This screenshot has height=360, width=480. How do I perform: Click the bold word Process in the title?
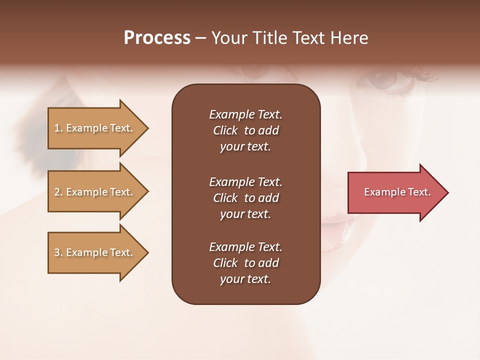coord(157,38)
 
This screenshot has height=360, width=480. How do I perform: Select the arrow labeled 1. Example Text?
coord(95,128)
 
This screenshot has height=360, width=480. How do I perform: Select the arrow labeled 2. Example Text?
coord(95,192)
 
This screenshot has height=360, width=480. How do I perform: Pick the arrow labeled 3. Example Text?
coord(95,252)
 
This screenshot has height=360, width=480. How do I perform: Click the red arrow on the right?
coord(395,192)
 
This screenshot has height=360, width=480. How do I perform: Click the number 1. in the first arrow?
coord(58,128)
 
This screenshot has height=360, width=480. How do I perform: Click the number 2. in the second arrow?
coord(58,192)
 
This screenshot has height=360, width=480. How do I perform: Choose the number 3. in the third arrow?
coord(58,252)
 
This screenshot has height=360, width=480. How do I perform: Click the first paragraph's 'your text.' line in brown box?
coord(245,147)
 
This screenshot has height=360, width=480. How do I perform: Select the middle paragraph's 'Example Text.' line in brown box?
coord(245,182)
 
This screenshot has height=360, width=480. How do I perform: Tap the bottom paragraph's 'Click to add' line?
coord(245,263)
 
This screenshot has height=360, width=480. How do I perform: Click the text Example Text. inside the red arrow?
coord(397,192)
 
